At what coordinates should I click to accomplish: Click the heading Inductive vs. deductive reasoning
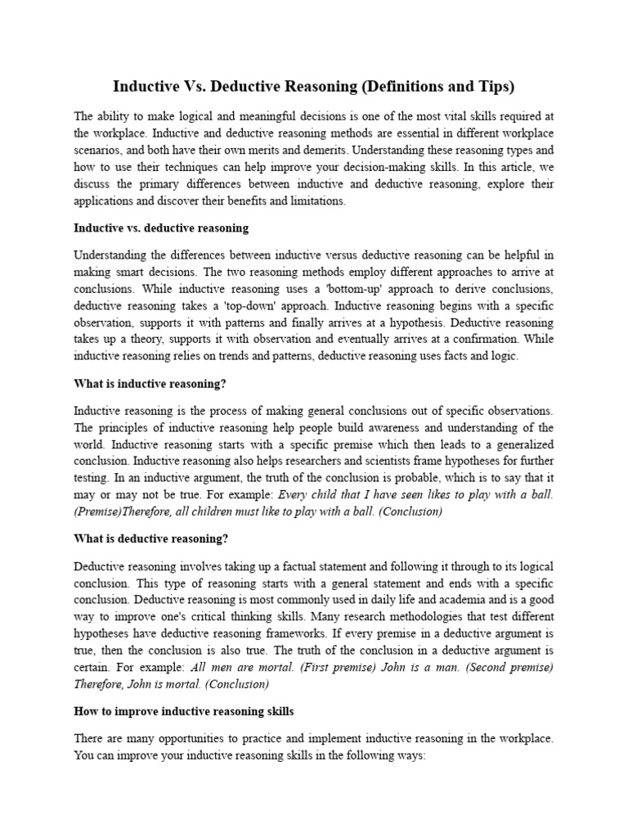point(161,227)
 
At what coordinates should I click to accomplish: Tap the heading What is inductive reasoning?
point(150,384)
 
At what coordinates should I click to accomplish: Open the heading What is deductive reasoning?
point(151,538)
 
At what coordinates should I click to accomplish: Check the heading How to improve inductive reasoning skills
point(184,710)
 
